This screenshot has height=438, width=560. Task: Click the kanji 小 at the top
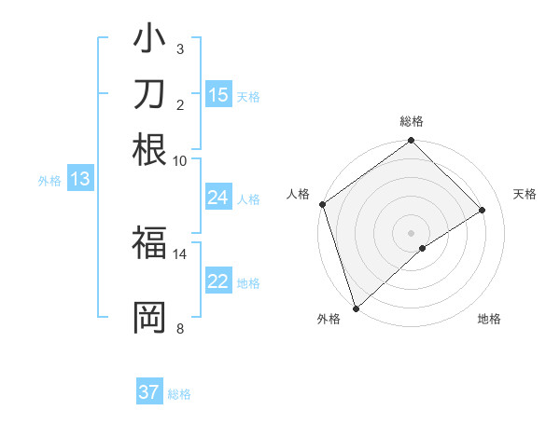tap(149, 42)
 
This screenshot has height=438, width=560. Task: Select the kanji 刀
tap(149, 96)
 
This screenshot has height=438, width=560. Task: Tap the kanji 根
tap(149, 149)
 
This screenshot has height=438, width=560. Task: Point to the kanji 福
tap(149, 244)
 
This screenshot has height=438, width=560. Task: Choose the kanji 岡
tap(149, 317)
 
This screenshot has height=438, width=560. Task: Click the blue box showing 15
tap(218, 95)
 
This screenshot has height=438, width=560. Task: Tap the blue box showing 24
tap(218, 198)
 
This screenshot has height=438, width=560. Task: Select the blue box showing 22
tap(218, 282)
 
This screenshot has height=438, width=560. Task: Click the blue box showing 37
tap(149, 392)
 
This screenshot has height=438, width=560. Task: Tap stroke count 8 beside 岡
tap(179, 327)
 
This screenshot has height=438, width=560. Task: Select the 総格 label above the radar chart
tap(411, 121)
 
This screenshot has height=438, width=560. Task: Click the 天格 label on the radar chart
tap(525, 194)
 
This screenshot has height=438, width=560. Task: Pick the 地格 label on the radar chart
tap(489, 320)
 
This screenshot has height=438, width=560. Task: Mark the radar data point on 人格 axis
tap(322, 204)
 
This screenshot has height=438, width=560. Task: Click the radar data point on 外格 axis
tap(356, 308)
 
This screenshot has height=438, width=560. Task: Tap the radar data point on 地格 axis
tap(423, 248)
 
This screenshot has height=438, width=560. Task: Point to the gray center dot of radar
tap(411, 232)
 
